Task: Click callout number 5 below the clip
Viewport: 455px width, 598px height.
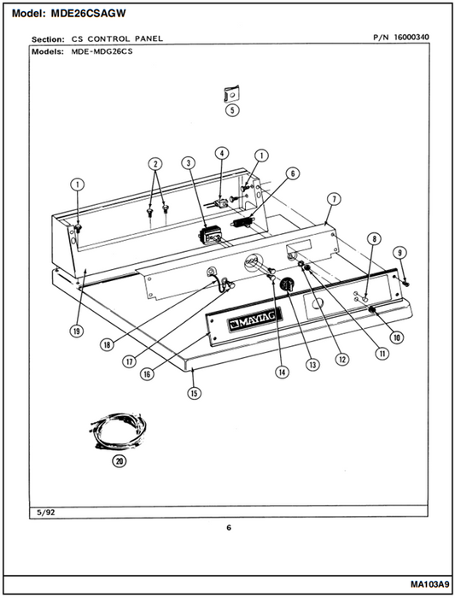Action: coord(232,110)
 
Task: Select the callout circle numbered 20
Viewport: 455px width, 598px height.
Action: coord(120,461)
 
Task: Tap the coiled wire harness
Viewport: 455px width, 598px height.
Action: coord(117,431)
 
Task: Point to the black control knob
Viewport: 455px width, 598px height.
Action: coord(287,284)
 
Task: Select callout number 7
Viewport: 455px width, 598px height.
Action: coord(334,199)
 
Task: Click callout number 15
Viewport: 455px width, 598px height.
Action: coord(194,393)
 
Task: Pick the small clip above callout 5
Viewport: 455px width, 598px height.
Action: coord(231,94)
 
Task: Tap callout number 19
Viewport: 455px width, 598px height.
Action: coord(77,331)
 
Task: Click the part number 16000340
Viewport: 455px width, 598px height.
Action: coord(411,38)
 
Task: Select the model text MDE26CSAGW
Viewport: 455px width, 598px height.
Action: coord(88,14)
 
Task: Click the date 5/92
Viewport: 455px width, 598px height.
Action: coord(45,513)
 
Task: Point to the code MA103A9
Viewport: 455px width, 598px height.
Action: coord(430,584)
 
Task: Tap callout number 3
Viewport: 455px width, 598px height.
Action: coord(189,163)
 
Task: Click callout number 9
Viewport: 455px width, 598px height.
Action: coord(400,253)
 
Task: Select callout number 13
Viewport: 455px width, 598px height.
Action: coord(312,365)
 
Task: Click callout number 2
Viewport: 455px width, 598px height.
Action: coord(155,164)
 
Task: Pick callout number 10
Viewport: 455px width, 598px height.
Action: coord(397,337)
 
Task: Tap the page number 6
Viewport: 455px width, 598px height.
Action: coord(229,528)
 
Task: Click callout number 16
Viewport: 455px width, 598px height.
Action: coord(147,374)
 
